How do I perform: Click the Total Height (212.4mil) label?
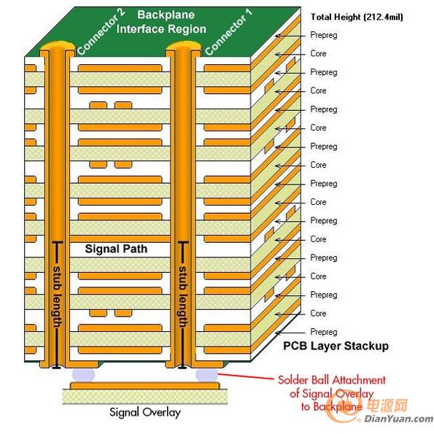(357, 18)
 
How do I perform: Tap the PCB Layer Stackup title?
(336, 346)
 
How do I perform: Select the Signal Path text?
(116, 249)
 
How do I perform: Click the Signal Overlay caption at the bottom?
(145, 412)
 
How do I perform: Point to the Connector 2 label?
(101, 32)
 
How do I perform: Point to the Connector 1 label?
(228, 32)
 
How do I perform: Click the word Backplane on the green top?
(166, 15)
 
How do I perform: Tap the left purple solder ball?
(84, 375)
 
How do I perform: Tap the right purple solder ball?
(206, 375)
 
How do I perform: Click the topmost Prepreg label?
(324, 35)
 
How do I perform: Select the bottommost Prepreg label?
(324, 332)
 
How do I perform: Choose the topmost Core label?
(318, 53)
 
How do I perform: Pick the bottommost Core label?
(318, 314)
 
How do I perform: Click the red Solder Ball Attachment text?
(332, 393)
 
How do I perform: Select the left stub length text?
(57, 297)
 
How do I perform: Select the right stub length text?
(182, 297)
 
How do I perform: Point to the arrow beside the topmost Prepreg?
(290, 36)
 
